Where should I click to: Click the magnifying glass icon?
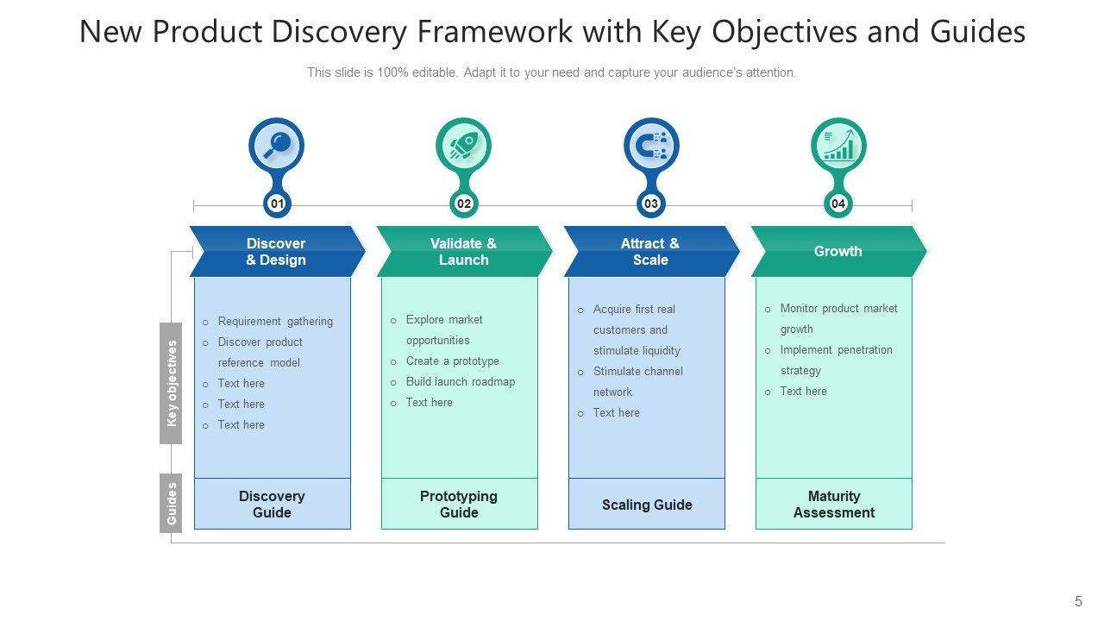[276, 145]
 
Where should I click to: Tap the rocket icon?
[463, 145]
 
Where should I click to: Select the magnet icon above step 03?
[651, 145]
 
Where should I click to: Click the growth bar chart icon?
[838, 145]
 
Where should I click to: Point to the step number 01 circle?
[277, 204]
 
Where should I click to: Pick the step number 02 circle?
[464, 204]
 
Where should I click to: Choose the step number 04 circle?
[838, 204]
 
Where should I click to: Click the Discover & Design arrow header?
[276, 252]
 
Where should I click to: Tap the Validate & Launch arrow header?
[463, 252]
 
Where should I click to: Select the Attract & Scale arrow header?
[650, 252]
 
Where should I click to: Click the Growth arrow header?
[837, 252]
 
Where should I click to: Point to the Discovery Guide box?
[273, 505]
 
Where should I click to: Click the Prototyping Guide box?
[459, 505]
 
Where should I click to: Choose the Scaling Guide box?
[647, 505]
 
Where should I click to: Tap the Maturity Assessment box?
[834, 505]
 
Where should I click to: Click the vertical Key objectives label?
[172, 383]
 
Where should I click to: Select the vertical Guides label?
[172, 503]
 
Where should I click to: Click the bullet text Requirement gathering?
[275, 322]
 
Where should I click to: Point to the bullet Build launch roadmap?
[461, 382]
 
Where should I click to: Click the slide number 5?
[1078, 602]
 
